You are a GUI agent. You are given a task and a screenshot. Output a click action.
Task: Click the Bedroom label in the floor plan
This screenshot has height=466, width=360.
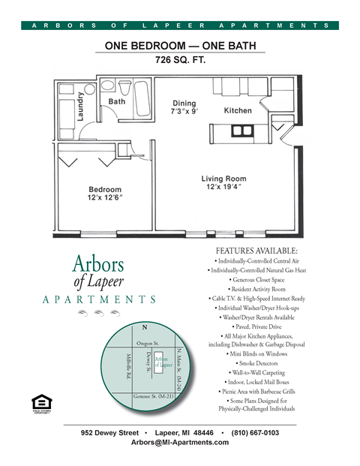point(106,194)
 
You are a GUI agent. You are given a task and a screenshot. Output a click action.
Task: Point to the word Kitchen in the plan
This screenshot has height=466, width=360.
point(238,110)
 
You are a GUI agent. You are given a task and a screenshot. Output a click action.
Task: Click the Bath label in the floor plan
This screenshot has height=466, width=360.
point(117,101)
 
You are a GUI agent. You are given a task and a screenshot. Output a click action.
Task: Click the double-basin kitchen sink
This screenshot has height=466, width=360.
point(241,131)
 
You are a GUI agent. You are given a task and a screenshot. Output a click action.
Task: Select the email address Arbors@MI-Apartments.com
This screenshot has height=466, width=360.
point(180,443)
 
